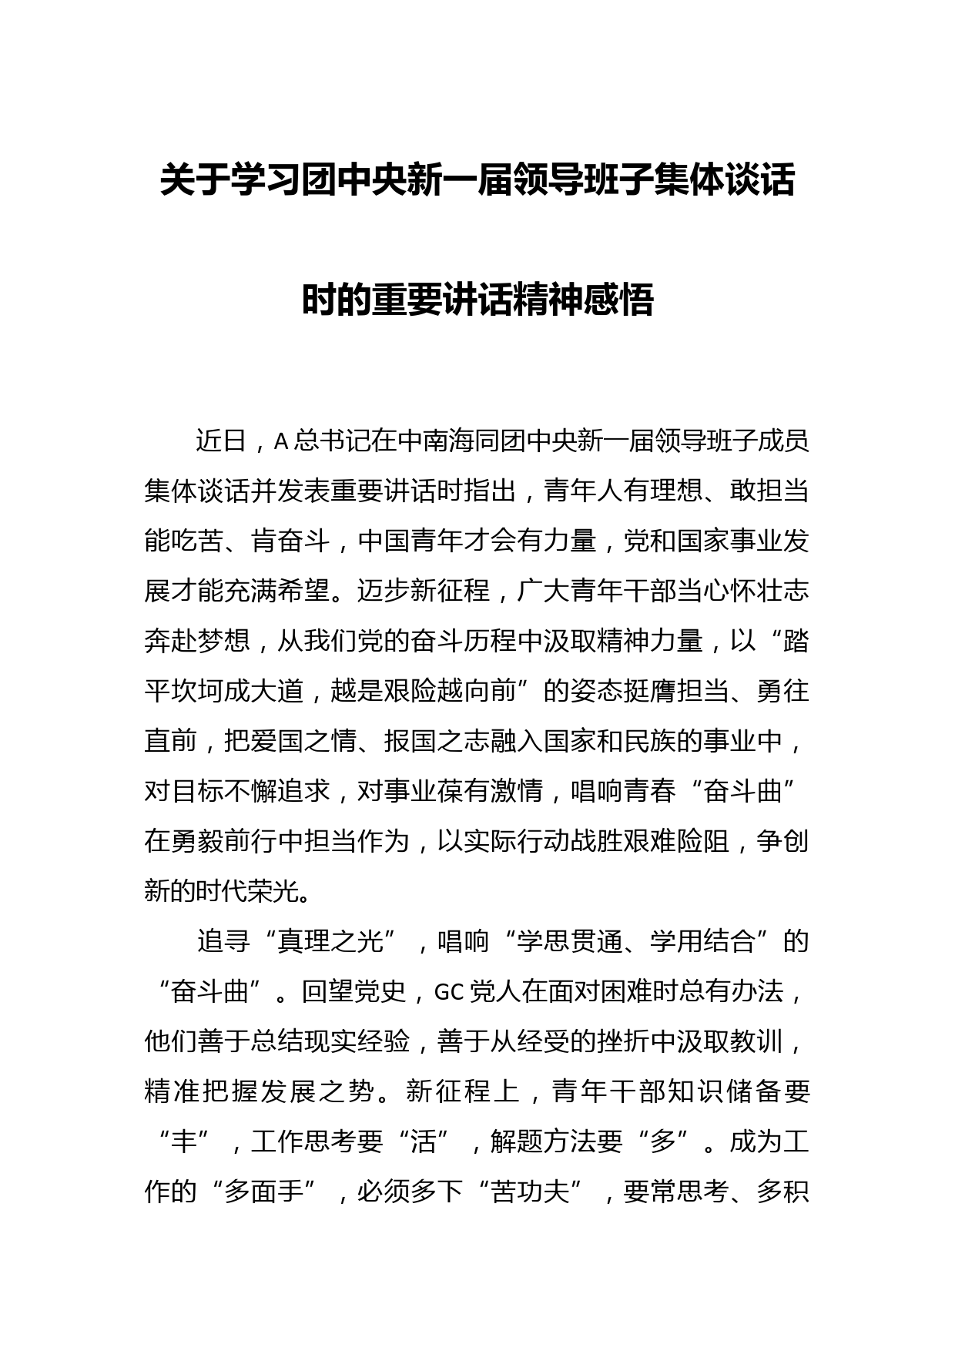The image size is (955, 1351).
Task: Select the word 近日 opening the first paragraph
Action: point(223,441)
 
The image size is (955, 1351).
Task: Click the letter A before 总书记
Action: point(281,441)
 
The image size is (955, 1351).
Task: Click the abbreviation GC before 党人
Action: point(448,991)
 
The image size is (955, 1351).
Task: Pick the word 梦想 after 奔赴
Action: point(223,641)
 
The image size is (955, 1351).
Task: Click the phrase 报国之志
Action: point(435,741)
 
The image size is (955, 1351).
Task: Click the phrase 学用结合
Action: point(702,941)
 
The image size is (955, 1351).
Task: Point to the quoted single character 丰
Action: point(183,1141)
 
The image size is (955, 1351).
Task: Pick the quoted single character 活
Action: point(423,1141)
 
